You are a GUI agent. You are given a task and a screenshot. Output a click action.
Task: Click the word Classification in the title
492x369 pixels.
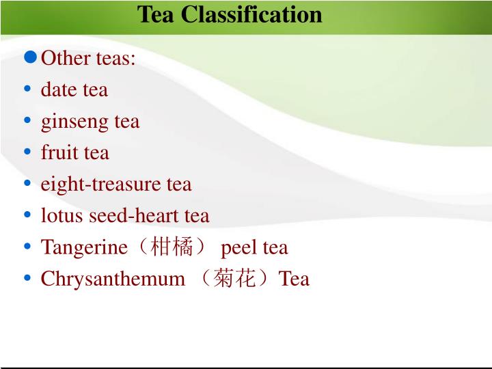(x=251, y=14)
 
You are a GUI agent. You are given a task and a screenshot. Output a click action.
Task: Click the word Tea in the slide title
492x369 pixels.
(x=156, y=14)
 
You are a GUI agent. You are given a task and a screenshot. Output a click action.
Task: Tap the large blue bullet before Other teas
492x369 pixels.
(x=30, y=57)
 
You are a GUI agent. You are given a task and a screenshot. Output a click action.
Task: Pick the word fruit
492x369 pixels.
(x=60, y=152)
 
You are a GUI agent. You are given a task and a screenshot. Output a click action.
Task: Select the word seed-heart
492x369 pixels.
(x=141, y=216)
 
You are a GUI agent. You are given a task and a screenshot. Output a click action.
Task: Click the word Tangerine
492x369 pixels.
(x=84, y=247)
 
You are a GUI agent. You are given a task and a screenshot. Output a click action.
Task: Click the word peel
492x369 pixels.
(x=236, y=247)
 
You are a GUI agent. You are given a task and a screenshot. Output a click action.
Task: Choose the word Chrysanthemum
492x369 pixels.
(x=113, y=279)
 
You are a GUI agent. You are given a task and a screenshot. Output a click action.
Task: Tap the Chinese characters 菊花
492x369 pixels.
(x=234, y=279)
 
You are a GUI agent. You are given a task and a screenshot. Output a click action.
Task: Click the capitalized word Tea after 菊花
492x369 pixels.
(x=294, y=279)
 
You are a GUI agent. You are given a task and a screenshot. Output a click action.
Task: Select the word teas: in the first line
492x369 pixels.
(x=115, y=58)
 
